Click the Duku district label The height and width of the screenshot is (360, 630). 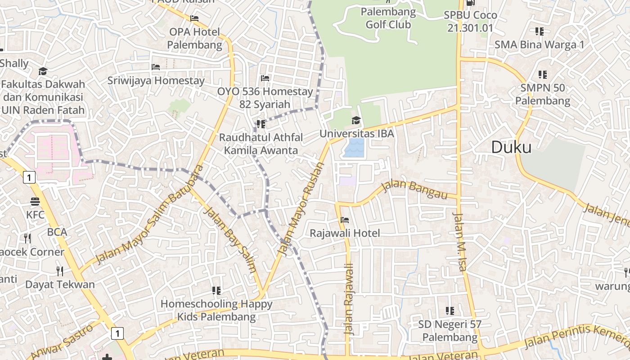[511, 147]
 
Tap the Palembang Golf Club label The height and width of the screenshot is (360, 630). [388, 18]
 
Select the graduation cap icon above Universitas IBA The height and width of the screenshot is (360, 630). [356, 120]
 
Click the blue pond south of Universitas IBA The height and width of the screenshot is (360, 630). [354, 148]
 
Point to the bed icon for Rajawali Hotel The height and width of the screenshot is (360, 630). [345, 220]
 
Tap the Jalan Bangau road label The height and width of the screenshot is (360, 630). [414, 189]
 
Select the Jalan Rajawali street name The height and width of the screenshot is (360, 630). [350, 299]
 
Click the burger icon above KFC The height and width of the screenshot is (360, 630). [35, 202]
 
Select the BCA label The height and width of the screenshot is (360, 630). [57, 232]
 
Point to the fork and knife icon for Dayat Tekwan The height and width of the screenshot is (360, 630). [59, 271]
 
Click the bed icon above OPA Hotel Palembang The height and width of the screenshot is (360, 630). [194, 18]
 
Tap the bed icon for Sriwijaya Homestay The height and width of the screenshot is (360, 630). [156, 67]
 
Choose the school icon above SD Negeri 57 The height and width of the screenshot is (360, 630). [450, 310]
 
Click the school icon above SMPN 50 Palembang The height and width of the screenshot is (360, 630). [542, 74]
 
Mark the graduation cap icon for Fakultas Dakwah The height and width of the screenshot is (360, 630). [43, 71]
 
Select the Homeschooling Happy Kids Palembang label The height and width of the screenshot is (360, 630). [216, 310]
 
